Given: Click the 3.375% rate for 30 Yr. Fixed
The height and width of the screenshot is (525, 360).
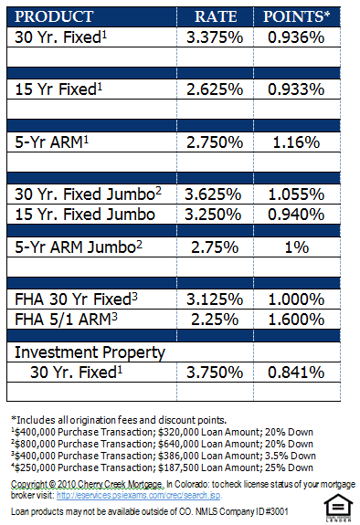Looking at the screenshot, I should (216, 37).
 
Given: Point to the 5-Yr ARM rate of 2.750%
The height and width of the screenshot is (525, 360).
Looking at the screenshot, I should (216, 142).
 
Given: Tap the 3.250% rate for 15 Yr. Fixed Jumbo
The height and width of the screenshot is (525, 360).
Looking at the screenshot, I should (216, 213).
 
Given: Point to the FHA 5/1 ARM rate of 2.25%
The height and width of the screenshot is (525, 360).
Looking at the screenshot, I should (216, 319).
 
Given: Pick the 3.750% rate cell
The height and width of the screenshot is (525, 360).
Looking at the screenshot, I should (216, 372).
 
